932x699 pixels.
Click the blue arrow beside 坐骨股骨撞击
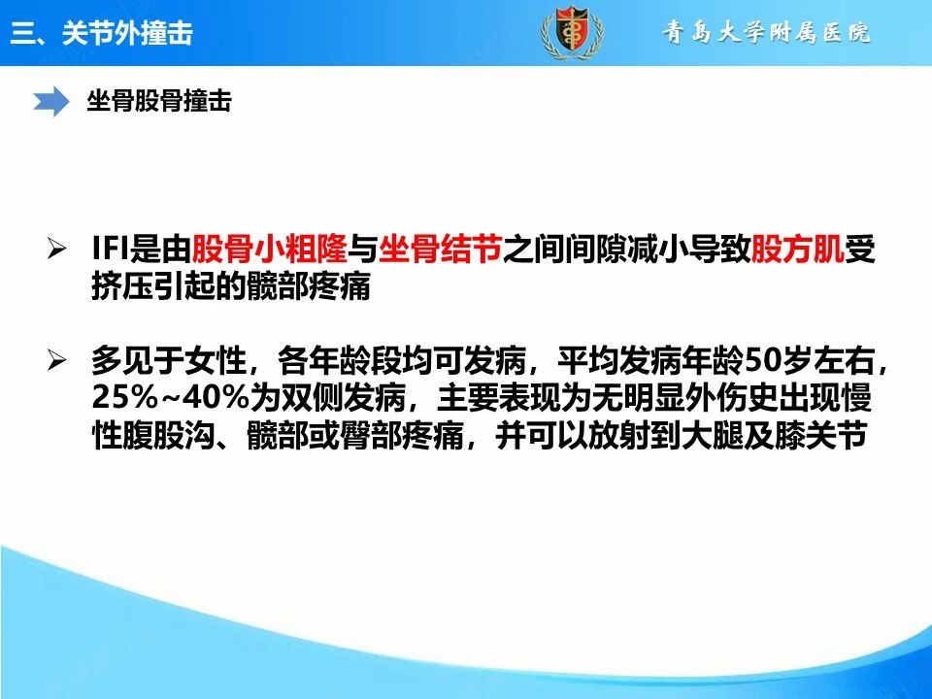coord(51,101)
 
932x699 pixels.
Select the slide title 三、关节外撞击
coord(102,32)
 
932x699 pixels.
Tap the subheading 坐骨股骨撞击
coord(159,100)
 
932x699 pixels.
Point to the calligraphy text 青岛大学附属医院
coord(766,32)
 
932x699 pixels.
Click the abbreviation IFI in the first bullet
coord(111,250)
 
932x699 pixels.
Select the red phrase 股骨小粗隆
coord(269,250)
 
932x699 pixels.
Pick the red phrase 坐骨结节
coord(441,250)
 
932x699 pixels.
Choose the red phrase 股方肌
coord(798,250)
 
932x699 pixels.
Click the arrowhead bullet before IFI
coord(56,249)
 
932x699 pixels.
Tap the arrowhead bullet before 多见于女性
coord(56,360)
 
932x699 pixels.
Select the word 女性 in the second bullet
coord(216,360)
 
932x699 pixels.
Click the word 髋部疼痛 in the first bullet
coord(309,286)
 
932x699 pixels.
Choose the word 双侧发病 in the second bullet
coord(343,398)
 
